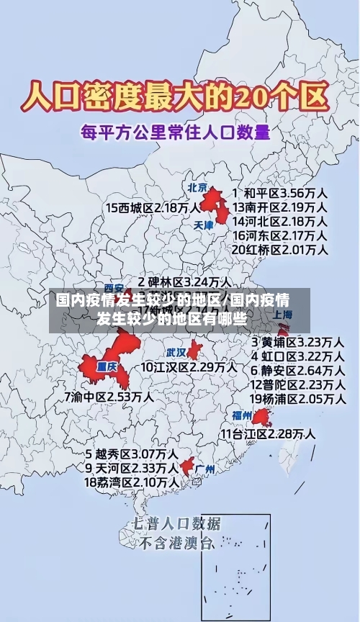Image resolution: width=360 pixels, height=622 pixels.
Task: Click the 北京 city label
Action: [197, 187]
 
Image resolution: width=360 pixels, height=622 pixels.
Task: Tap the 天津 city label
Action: [204, 225]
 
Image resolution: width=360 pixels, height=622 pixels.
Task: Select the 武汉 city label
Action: [176, 353]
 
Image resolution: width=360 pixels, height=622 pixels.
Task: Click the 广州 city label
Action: [204, 469]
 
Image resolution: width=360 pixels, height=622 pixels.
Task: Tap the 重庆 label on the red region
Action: [107, 366]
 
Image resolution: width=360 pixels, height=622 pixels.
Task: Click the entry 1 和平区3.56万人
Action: [280, 193]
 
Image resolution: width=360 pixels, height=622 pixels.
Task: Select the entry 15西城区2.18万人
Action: [153, 208]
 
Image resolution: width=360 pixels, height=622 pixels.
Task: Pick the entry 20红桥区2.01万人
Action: [280, 249]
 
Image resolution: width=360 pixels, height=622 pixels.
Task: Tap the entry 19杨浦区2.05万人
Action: [297, 398]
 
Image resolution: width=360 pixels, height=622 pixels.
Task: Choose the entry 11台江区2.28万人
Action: [267, 433]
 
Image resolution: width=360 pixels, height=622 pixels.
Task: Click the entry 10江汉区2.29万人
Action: [188, 367]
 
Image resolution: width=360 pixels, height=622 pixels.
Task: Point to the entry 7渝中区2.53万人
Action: [108, 396]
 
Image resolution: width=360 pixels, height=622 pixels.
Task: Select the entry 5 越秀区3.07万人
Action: [131, 454]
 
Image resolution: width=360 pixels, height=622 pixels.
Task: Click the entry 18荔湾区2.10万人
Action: [131, 482]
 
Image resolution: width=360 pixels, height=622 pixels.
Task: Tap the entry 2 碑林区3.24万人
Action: [184, 281]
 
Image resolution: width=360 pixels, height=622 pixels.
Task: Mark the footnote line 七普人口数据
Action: [176, 523]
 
